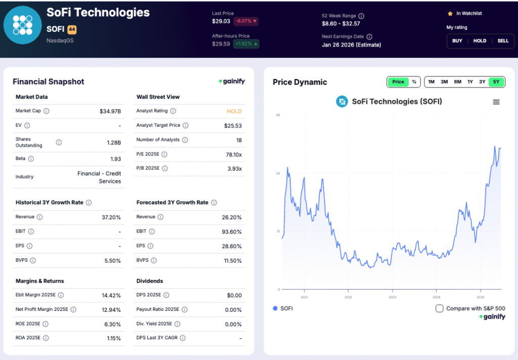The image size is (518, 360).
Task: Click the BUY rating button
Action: coord(457,41)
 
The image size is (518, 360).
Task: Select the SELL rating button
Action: coord(503,41)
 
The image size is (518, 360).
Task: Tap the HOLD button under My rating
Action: coord(480,41)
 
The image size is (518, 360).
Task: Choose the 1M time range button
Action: coord(431,82)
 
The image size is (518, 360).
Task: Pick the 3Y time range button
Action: coord(482,82)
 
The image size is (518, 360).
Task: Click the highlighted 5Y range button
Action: coord(496,82)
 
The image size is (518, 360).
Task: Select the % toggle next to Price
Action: coord(414,82)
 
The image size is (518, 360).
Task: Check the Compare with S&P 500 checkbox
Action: coord(440,308)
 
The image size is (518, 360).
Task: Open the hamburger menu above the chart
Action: coord(496,102)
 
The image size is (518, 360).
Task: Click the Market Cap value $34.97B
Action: coord(110,111)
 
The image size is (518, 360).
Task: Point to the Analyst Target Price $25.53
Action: coord(233,126)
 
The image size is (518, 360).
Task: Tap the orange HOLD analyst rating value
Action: coord(234,111)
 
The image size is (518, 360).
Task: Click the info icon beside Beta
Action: coord(31,159)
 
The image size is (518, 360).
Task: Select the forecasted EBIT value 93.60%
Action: coord(231,231)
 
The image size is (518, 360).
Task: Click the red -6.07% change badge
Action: coord(246,21)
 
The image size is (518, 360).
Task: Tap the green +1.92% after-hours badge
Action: coord(246,44)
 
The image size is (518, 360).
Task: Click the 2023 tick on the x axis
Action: coord(392,297)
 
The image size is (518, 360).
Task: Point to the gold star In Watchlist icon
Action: coord(450,14)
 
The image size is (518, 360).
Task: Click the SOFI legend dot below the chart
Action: coord(275,308)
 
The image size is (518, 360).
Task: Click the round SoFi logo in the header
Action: coord(22,25)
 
